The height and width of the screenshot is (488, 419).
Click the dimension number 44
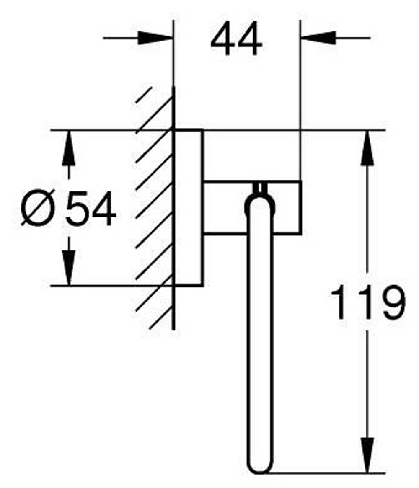[236, 39]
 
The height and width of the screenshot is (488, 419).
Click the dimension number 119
[368, 302]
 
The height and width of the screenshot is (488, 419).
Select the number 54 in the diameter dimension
[91, 208]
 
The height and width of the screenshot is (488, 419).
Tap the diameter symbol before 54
[37, 208]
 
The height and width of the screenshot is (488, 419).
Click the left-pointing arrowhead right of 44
[318, 38]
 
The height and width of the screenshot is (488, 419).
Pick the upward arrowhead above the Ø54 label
[69, 148]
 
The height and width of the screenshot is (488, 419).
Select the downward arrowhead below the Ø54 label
[69, 268]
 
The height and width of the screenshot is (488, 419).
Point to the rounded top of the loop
[260, 196]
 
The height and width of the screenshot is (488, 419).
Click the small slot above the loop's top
[260, 187]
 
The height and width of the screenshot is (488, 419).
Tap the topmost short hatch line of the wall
[143, 95]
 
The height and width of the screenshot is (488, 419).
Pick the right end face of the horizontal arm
[301, 207]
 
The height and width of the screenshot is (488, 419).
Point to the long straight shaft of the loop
[260, 336]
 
